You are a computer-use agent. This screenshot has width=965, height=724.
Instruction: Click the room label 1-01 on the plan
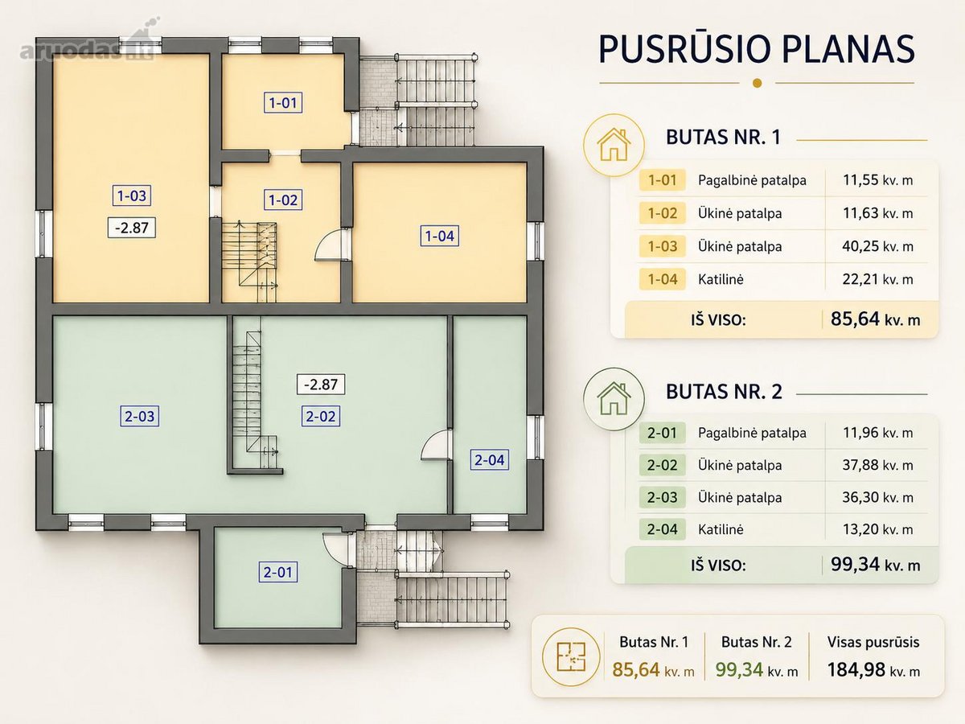(283, 103)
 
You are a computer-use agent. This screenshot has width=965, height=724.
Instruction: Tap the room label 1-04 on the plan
(440, 236)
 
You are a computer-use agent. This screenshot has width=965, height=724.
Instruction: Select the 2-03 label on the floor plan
(140, 416)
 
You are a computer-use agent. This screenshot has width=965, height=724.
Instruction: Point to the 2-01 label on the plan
(278, 572)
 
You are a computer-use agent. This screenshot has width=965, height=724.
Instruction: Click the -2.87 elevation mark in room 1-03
(131, 228)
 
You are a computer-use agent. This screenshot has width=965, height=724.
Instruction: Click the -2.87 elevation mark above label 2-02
(321, 385)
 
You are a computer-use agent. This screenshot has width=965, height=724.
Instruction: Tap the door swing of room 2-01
(338, 550)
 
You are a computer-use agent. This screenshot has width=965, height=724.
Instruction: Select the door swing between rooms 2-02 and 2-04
(436, 446)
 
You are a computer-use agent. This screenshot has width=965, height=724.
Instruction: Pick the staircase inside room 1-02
(249, 261)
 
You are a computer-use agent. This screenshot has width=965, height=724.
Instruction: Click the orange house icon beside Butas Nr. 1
(614, 145)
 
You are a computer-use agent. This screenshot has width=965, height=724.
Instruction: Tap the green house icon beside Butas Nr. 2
(614, 398)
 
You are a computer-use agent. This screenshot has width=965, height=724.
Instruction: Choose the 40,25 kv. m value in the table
(877, 246)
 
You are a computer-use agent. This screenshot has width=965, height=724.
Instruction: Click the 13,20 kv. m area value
(877, 529)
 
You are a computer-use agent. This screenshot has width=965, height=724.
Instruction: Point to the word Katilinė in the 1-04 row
(721, 279)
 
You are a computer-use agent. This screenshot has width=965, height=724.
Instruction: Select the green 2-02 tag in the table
(662, 465)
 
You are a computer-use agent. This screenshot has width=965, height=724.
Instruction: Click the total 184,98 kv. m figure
(873, 670)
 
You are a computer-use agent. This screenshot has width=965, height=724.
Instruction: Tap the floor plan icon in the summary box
(571, 656)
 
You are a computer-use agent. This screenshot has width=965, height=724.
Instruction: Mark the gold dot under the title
(757, 83)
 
